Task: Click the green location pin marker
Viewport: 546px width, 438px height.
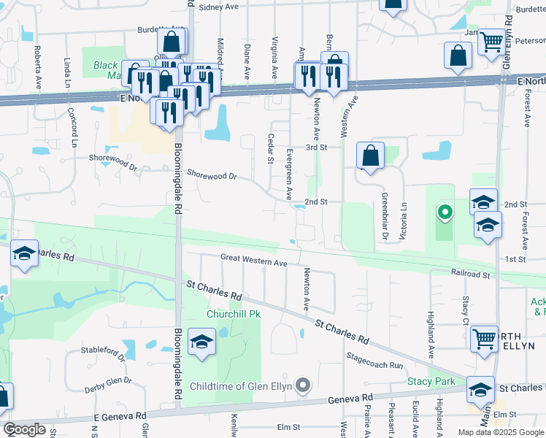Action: (x=444, y=213)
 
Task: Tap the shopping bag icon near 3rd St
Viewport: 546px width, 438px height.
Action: (x=371, y=155)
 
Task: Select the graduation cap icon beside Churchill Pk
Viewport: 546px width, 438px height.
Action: (x=201, y=342)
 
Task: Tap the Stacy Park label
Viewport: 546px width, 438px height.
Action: (x=431, y=382)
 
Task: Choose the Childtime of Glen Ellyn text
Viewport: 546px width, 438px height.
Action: (x=240, y=386)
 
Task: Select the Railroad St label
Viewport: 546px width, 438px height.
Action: (x=471, y=274)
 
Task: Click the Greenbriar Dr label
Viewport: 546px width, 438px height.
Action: (x=383, y=215)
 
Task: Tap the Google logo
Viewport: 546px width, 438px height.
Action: (x=24, y=429)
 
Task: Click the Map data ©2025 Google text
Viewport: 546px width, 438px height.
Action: (x=501, y=431)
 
